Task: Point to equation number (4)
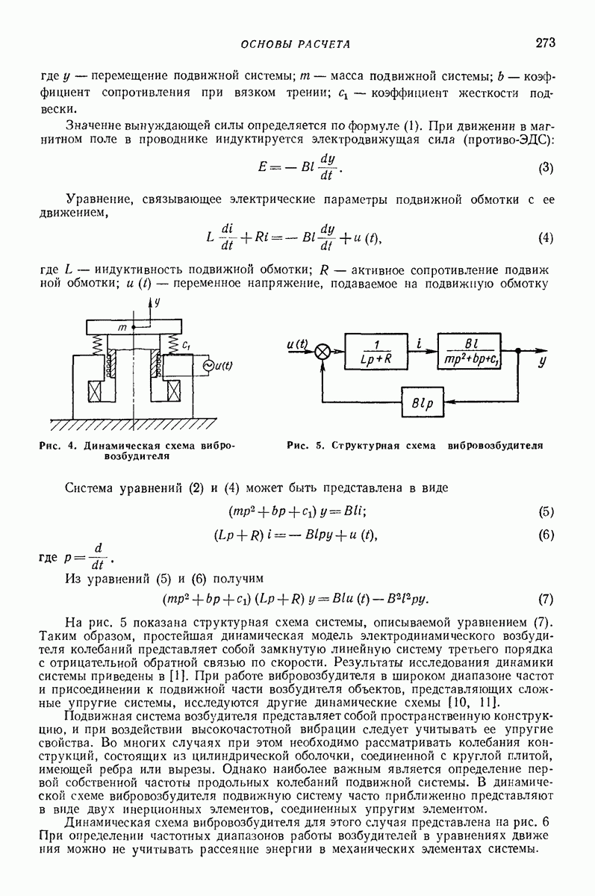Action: point(545,238)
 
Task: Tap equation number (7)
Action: point(545,599)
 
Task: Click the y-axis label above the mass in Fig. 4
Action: point(157,302)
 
